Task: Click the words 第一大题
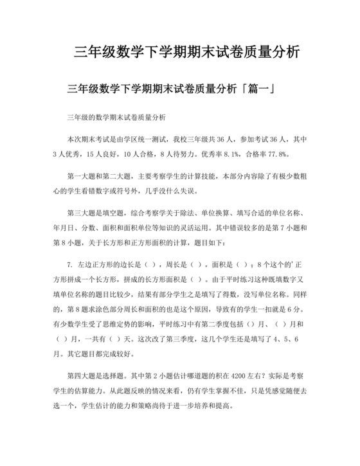pos(82,175)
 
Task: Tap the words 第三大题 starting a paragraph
pos(82,213)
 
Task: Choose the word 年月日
pos(64,227)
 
